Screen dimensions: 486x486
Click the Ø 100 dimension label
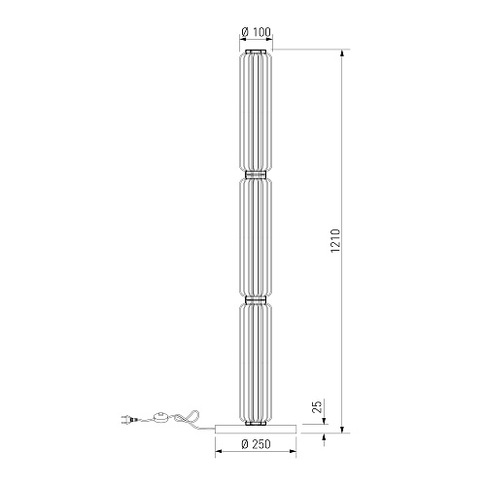click(x=256, y=32)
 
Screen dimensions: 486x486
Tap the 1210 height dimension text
click(x=335, y=241)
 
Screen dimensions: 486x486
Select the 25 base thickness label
click(x=318, y=406)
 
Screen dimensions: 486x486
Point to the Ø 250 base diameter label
click(x=256, y=444)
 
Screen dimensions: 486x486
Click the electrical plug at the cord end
click(x=128, y=420)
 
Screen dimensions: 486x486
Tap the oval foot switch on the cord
click(x=160, y=418)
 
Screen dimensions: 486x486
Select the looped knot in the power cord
click(x=188, y=417)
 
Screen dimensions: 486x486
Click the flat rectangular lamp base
click(x=256, y=429)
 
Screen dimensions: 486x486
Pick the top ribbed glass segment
click(x=256, y=112)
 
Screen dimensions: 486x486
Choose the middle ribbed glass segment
click(x=256, y=237)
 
